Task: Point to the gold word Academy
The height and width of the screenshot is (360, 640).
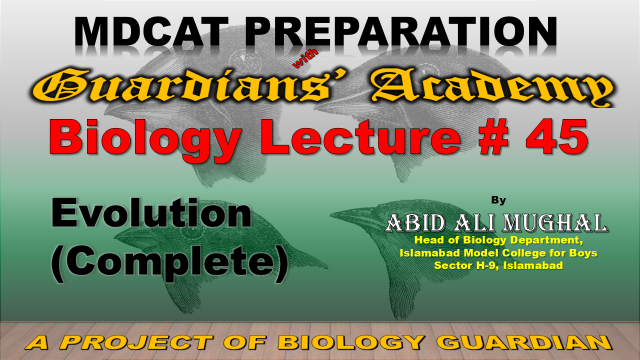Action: (491, 87)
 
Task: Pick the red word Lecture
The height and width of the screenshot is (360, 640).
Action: (360, 137)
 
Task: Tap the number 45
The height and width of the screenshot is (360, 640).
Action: (557, 137)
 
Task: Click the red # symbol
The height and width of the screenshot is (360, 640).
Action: (494, 137)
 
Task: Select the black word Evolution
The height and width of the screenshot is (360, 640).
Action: (151, 212)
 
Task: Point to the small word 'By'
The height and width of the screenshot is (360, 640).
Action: (498, 200)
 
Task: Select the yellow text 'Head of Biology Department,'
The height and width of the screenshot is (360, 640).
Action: (498, 240)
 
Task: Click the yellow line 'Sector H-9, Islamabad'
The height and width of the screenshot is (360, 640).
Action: (498, 265)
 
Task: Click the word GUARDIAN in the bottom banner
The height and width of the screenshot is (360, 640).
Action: (524, 342)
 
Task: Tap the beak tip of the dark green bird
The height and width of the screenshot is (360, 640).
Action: (331, 213)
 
